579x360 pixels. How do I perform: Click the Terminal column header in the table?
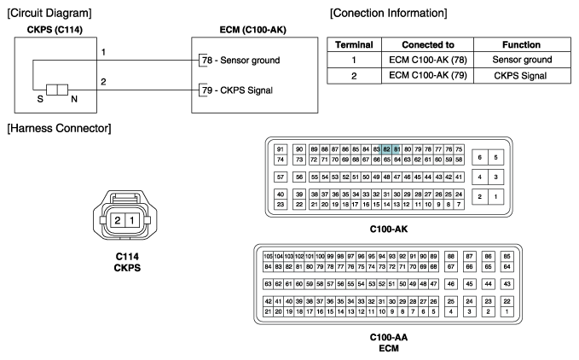(x=354, y=44)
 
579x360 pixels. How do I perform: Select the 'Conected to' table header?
(x=427, y=44)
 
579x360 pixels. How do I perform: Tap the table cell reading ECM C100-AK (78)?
(x=427, y=60)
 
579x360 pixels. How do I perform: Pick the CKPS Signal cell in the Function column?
(x=520, y=76)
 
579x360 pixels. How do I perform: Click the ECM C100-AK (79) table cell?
(x=427, y=75)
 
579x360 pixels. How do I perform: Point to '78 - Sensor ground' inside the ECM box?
(x=240, y=61)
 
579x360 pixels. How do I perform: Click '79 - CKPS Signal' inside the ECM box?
(x=237, y=90)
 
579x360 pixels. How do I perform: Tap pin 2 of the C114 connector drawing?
(x=118, y=220)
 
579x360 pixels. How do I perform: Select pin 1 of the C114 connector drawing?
(x=132, y=220)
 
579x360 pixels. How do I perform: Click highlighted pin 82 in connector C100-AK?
(x=386, y=149)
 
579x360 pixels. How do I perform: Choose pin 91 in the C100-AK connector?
(x=281, y=149)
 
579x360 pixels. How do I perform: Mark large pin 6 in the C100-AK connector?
(x=480, y=157)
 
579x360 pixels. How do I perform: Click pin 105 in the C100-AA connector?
(x=268, y=256)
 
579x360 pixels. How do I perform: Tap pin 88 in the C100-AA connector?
(x=450, y=256)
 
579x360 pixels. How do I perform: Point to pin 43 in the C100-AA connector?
(x=507, y=284)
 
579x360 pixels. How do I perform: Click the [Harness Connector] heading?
(x=59, y=129)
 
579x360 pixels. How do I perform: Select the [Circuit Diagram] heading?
(x=49, y=14)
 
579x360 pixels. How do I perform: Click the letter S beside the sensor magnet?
(x=40, y=99)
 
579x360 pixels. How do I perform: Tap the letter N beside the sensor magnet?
(x=74, y=99)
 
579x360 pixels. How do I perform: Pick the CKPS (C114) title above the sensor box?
(x=55, y=30)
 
